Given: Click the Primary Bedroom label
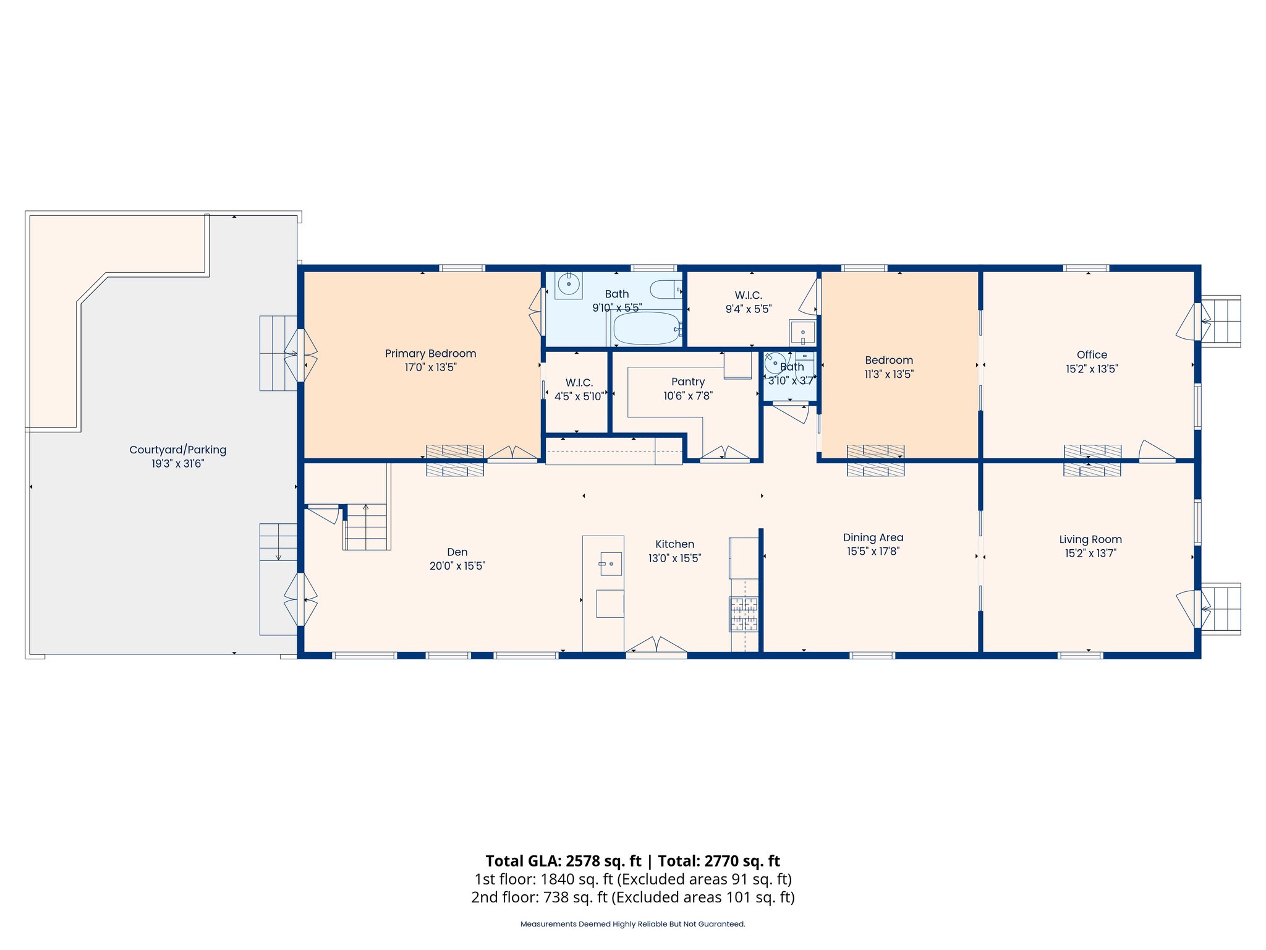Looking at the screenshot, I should pos(430,354).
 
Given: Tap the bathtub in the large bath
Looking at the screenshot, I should pos(647,328).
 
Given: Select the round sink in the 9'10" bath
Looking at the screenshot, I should pos(568,285).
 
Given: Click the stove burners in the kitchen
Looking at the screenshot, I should pos(744,614).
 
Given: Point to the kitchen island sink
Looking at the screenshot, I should pos(611,563).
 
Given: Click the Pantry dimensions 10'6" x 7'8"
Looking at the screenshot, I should pos(688,396).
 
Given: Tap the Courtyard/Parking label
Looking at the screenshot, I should pos(177,450).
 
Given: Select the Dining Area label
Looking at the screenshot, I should pos(873,538).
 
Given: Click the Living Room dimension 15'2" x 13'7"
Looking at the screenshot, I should pos(1090,554).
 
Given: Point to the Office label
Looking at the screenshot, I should pos(1092,355).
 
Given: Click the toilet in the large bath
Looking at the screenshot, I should pos(666,289).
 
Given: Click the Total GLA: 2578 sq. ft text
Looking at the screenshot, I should pos(563,861).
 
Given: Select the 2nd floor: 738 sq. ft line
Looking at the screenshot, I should pos(632,897).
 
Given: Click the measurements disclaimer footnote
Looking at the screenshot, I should pos(632,924).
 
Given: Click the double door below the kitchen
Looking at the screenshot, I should pos(656,646).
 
